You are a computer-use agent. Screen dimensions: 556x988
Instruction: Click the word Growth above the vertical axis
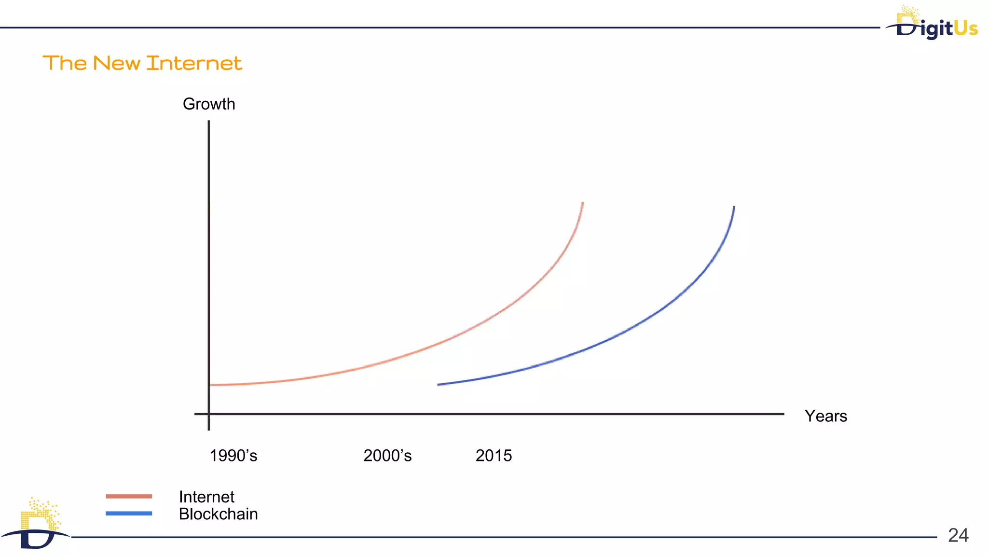coord(209,104)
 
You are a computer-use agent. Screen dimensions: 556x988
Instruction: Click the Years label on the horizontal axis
coord(825,416)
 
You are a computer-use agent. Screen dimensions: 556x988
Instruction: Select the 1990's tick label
coord(233,456)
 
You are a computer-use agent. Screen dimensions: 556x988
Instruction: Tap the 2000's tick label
coord(387,456)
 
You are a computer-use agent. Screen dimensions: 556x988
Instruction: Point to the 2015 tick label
coord(494,456)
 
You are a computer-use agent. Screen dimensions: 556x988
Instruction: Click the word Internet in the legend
coord(206,497)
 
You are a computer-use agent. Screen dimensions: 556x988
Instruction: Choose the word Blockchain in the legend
coord(218,514)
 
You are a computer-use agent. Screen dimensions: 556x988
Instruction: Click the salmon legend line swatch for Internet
coord(129,496)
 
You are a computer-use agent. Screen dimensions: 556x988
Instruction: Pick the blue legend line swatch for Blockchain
coord(129,514)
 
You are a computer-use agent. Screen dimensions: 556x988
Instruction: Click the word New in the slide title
coord(116,63)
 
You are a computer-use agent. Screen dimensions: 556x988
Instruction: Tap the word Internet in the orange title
coord(194,63)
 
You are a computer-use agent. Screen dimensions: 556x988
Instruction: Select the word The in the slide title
coord(65,63)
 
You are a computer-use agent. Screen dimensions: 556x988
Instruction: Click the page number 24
coord(958,535)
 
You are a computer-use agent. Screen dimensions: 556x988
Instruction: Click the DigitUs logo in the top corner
coord(933,24)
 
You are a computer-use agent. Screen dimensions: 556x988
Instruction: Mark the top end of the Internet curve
coord(583,203)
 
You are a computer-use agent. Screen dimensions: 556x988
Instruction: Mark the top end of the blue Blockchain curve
coord(734,207)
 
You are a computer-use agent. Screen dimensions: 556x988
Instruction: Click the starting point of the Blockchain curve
coord(438,385)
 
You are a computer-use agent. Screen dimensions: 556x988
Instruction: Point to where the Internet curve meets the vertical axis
coord(209,385)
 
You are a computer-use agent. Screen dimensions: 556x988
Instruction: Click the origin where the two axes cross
coord(209,414)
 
